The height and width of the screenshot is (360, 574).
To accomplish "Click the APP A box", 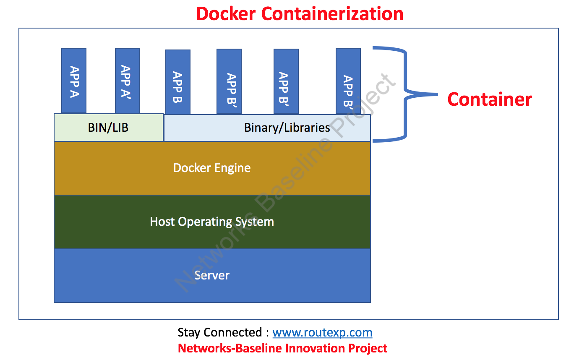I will click(x=74, y=81).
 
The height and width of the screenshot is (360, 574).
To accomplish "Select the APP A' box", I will click(x=128, y=81).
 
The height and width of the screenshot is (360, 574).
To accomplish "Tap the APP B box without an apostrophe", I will click(x=178, y=82).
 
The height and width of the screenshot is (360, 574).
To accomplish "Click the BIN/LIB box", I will click(x=108, y=128).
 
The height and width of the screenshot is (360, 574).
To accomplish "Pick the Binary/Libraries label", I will click(x=287, y=128).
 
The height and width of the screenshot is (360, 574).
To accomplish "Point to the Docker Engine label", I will click(x=212, y=168).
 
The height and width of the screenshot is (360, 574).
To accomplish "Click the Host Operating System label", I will click(x=212, y=222).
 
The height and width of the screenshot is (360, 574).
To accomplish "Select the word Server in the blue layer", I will click(x=212, y=275).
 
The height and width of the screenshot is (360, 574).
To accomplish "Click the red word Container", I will click(x=489, y=99).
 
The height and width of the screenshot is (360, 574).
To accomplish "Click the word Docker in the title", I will click(x=225, y=13).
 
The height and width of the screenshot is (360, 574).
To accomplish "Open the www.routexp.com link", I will click(x=322, y=333).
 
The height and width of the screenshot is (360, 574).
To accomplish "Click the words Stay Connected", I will click(x=220, y=333).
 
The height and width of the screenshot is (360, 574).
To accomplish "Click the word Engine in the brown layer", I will click(x=232, y=168).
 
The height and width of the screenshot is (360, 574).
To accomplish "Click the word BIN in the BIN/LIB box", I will click(x=96, y=128).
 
